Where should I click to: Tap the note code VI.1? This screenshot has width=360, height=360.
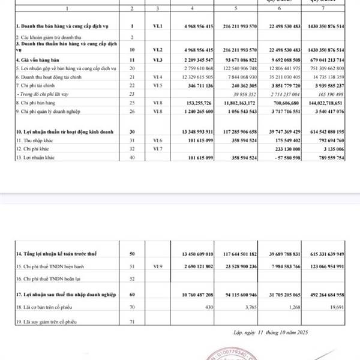(x=157, y=28)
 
